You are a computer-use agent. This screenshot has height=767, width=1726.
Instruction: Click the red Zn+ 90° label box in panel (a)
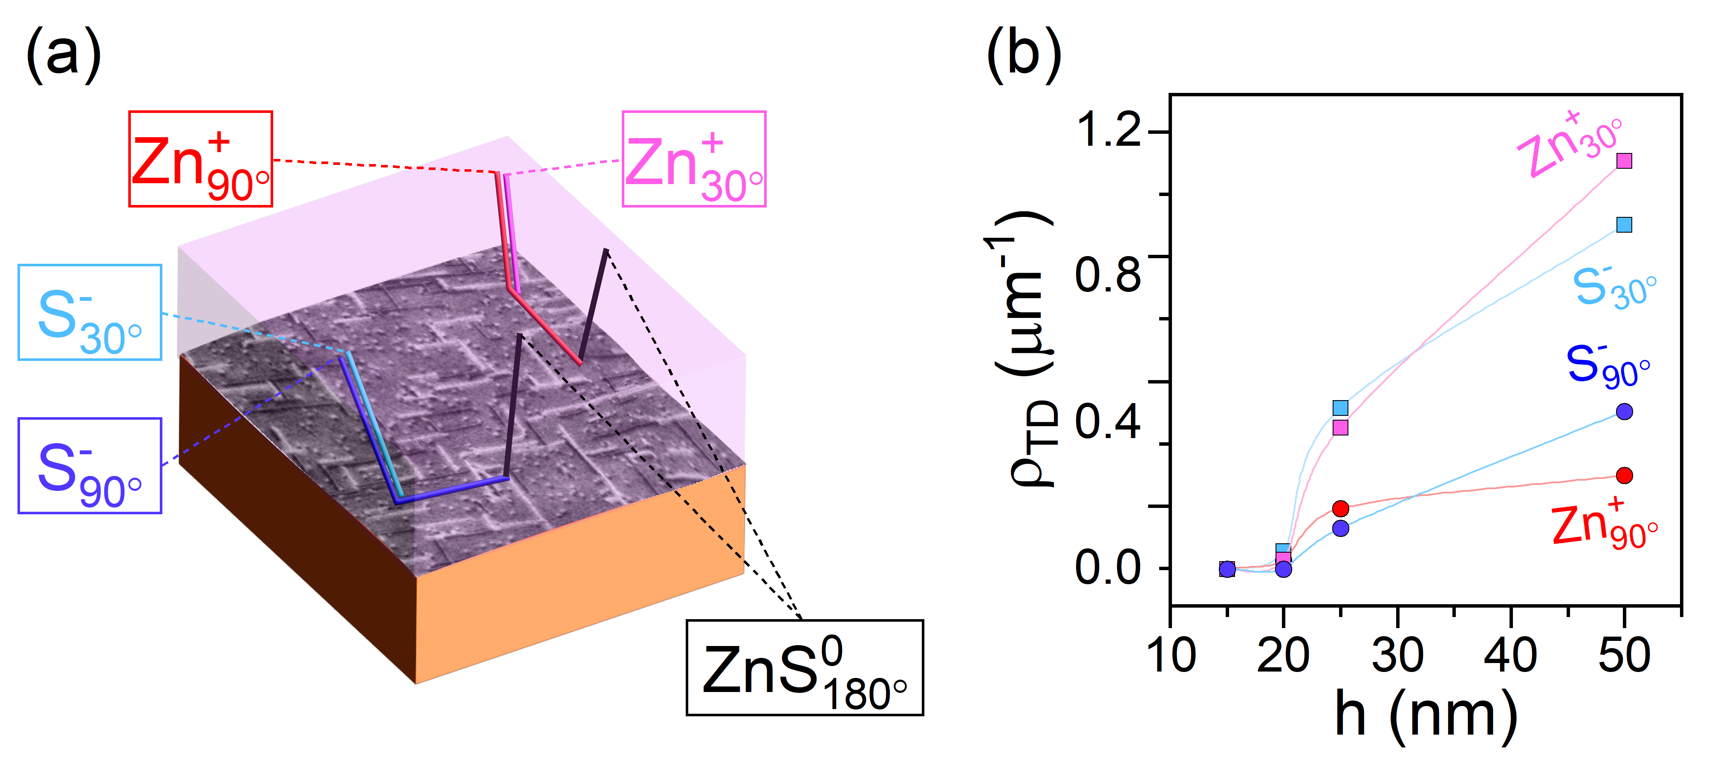pos(200,159)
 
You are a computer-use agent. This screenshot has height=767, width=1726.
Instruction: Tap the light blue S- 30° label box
pos(90,313)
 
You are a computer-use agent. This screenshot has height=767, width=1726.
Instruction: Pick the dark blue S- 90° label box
pos(90,466)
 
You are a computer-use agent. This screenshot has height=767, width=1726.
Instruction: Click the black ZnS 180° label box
pos(804,668)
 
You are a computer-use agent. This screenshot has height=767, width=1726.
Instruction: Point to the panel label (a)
pos(63,54)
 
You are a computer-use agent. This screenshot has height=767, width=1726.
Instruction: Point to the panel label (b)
pos(1023,54)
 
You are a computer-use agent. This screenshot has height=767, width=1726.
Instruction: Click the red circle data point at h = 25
pos(1340,508)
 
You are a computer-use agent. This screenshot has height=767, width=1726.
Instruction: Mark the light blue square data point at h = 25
pos(1340,408)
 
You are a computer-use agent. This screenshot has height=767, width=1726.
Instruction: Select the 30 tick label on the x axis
pos(1398,655)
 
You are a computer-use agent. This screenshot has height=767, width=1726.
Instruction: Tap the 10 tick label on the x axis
pos(1171,655)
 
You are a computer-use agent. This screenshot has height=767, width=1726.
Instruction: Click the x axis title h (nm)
pos(1426,715)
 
